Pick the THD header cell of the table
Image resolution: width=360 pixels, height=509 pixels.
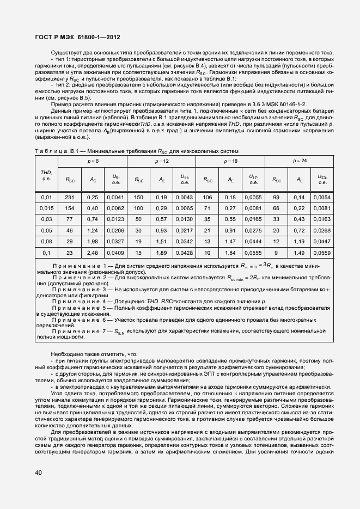point(47,175)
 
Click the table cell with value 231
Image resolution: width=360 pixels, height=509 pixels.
point(69,197)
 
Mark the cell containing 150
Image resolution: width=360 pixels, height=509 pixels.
point(138,197)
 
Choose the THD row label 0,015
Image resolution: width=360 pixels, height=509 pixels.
point(47,208)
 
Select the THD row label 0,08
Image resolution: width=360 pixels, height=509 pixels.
point(47,241)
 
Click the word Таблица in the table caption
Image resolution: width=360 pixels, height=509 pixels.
point(50,151)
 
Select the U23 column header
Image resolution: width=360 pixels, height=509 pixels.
point(323,179)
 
